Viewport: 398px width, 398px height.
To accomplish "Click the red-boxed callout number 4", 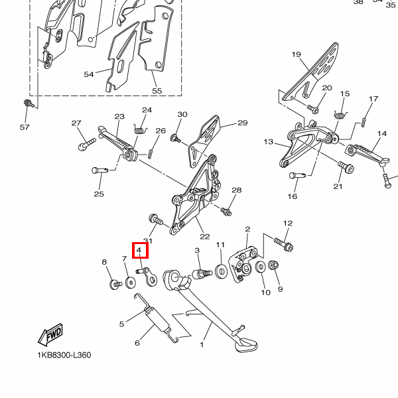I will (140, 250).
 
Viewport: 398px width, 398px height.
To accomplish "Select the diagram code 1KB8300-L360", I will (64, 355).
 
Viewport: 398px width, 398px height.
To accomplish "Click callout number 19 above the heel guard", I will (296, 54).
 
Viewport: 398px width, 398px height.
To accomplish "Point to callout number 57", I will (25, 127).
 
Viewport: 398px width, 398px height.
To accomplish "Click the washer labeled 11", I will (221, 271).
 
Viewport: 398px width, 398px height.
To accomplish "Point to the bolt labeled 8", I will (114, 284).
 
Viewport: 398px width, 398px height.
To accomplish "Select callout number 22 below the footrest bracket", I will (204, 236).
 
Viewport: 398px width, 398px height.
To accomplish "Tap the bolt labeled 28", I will (226, 212).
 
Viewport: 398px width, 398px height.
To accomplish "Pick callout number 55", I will (157, 90).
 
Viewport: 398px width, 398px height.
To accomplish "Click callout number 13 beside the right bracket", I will (268, 142).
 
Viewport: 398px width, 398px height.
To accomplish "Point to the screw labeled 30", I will (176, 138).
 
